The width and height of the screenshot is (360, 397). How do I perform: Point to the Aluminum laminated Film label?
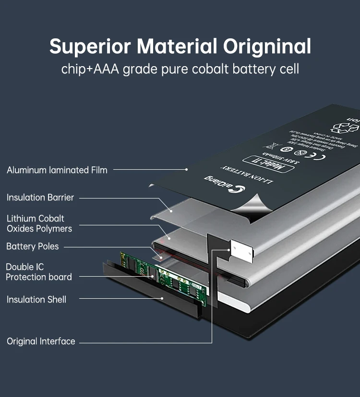(57, 170)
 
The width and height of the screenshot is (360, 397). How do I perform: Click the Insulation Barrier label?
(40, 198)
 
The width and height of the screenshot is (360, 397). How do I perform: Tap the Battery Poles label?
(33, 246)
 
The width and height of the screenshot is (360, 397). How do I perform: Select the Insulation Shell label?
(36, 300)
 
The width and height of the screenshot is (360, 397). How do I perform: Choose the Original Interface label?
(41, 341)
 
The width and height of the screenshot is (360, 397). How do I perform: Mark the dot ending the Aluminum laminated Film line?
(186, 169)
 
